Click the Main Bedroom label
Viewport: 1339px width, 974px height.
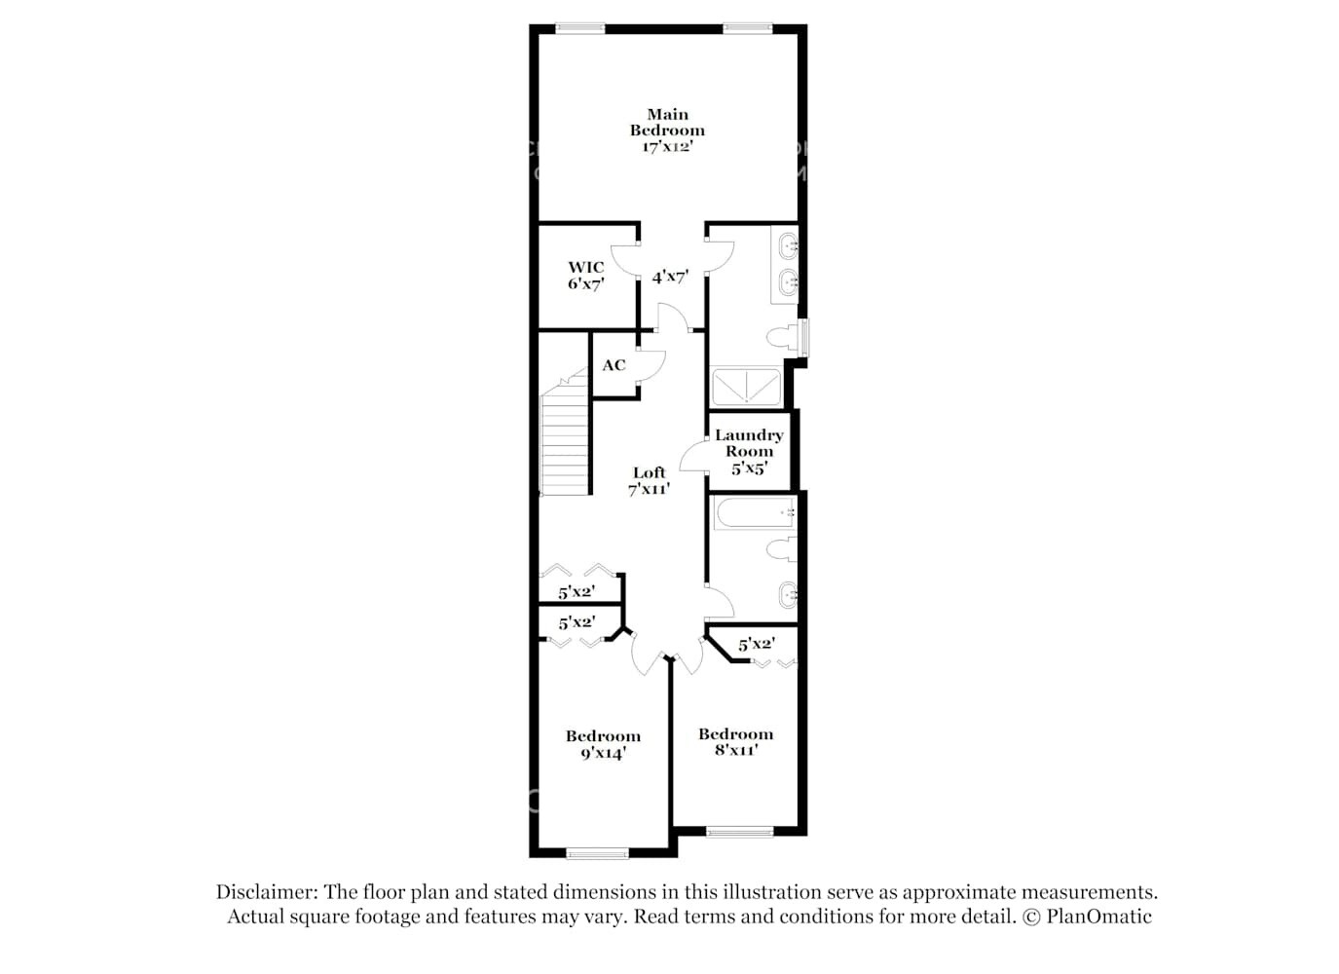(x=667, y=131)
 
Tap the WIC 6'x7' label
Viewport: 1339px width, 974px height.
(x=586, y=276)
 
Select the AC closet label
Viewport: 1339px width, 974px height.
(x=614, y=365)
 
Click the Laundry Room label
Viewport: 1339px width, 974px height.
(x=749, y=452)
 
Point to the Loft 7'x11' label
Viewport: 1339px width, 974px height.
(x=650, y=481)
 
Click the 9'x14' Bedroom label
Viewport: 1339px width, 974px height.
(x=603, y=744)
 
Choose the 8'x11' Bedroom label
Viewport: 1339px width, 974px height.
(x=735, y=742)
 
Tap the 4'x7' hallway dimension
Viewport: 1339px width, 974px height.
(x=671, y=278)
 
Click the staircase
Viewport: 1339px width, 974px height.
(x=565, y=438)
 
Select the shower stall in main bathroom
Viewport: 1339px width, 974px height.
(x=746, y=387)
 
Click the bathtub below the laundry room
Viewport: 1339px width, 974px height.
(x=754, y=513)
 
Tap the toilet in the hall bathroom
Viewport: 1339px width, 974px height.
(x=782, y=550)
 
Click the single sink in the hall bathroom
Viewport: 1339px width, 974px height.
(x=788, y=593)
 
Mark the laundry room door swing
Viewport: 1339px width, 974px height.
(x=693, y=458)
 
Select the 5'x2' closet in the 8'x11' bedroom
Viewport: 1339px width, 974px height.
(x=757, y=644)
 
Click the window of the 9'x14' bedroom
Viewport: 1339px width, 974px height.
(x=598, y=854)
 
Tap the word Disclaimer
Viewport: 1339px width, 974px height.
(x=266, y=892)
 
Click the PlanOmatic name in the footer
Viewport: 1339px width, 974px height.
(x=1099, y=917)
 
